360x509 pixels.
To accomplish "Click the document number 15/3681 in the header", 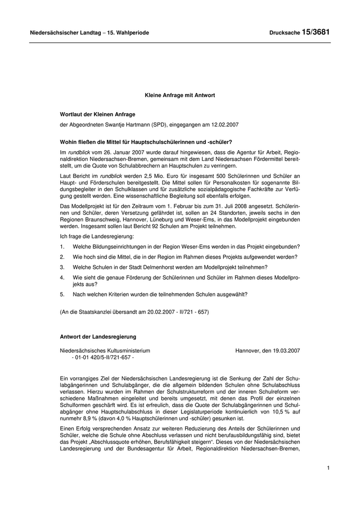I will [x=315, y=32].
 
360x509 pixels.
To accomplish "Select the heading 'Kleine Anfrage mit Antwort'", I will [x=179, y=95].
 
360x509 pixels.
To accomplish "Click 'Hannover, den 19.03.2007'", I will [x=267, y=351].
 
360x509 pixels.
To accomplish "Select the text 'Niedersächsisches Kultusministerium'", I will [x=105, y=351].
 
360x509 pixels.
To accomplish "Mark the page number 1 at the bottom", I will [x=328, y=468].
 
